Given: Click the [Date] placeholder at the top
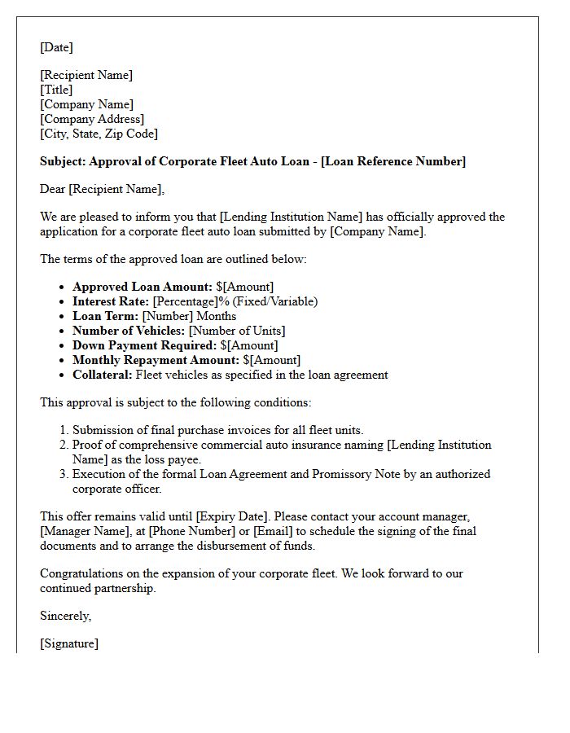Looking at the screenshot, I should coord(56,47).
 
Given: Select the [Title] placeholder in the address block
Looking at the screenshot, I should coord(56,90).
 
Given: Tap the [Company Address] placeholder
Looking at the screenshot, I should coord(92,119).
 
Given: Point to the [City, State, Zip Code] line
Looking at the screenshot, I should coord(99,134).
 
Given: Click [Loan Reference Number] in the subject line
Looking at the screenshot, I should coord(394,161).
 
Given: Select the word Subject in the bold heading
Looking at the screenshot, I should coord(63,161).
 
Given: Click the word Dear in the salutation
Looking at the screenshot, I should coord(53,189).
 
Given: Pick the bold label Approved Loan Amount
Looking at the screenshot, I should coord(142,287).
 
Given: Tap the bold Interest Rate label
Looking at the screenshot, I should coord(111,301).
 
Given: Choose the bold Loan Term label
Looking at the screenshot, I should coord(105,316).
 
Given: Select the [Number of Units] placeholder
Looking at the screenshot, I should coord(237,331).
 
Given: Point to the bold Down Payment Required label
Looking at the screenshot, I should coord(145,345).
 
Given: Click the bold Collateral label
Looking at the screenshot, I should coord(103,375).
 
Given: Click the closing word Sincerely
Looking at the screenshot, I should coord(65,616).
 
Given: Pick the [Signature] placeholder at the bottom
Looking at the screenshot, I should coord(69,643).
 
